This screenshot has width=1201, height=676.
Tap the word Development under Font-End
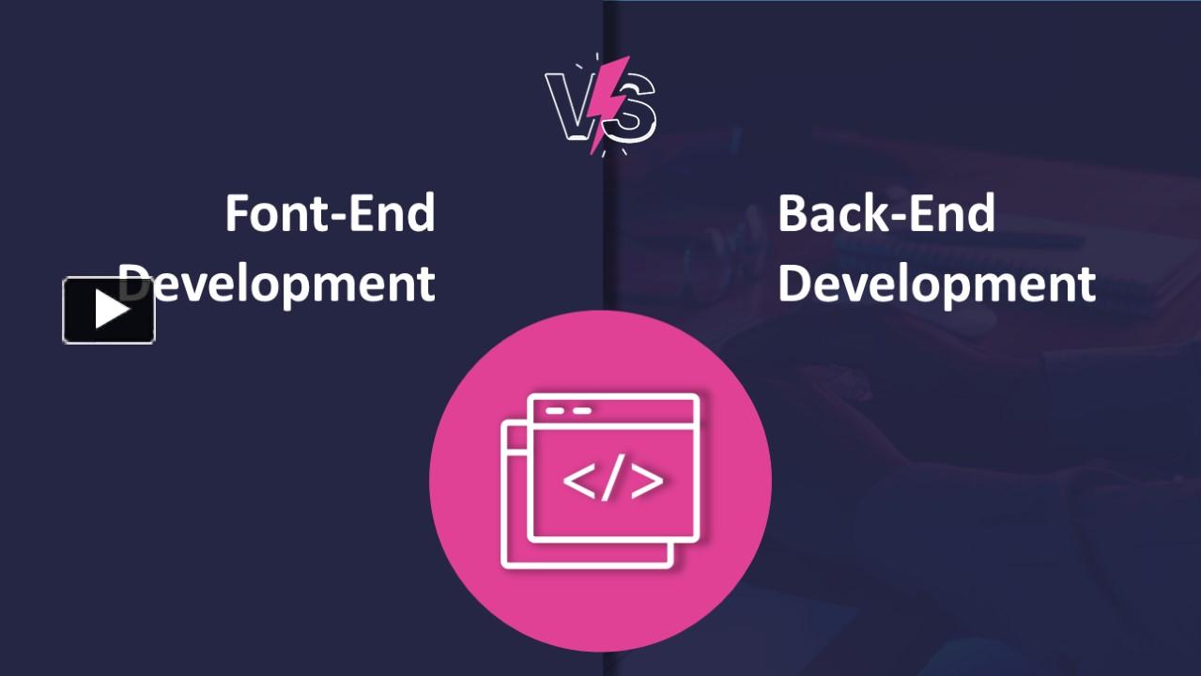(x=282, y=283)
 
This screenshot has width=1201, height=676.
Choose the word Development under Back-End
(x=936, y=283)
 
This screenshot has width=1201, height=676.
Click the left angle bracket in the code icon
(x=577, y=480)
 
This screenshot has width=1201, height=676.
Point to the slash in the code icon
(x=611, y=480)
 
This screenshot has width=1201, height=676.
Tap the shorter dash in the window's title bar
(x=554, y=411)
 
